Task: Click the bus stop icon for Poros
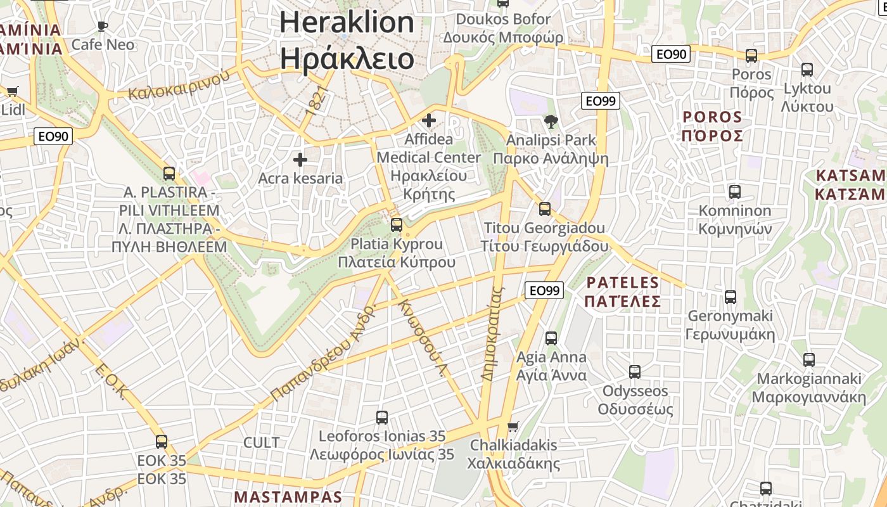751,56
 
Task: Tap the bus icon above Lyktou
807,70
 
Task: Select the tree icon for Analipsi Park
551,121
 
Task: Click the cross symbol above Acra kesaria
300,160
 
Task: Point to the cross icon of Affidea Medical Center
429,120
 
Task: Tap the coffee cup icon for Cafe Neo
103,26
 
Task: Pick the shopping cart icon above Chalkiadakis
513,427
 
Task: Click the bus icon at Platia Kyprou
397,224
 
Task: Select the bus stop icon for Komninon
735,191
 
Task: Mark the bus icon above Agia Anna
551,338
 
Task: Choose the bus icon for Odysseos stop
635,372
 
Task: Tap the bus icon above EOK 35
162,442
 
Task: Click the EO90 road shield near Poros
670,55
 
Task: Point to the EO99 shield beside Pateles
544,290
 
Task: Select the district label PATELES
623,282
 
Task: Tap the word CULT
262,442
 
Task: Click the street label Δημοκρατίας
492,334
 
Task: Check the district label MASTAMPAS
288,497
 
